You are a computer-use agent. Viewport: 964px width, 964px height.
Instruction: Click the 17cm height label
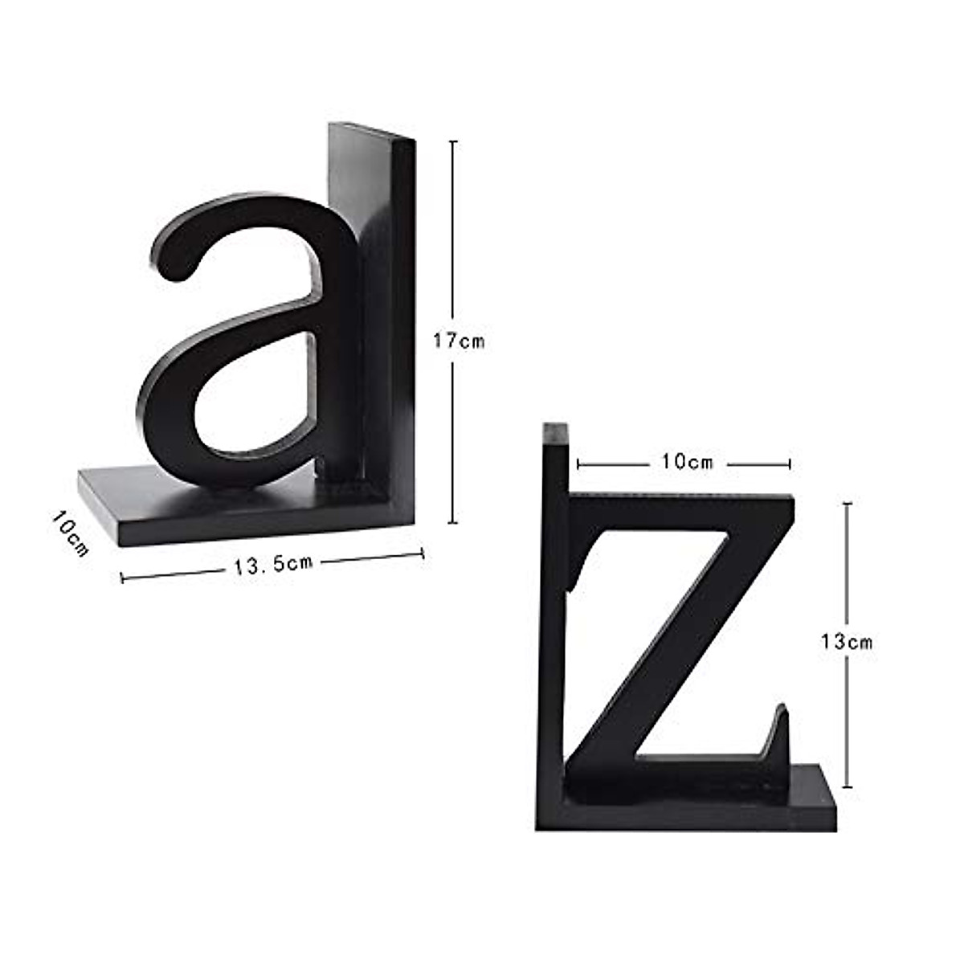point(459,341)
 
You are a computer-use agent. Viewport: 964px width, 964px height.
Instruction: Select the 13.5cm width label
point(273,564)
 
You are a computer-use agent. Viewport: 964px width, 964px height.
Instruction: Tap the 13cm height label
point(846,642)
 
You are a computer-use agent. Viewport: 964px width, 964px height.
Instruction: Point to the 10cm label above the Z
point(687,462)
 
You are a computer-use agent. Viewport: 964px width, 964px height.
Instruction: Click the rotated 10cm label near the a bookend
point(70,533)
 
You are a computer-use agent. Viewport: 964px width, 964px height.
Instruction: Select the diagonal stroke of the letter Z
point(683,635)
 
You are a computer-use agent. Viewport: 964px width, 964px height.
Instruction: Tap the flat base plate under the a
point(161,506)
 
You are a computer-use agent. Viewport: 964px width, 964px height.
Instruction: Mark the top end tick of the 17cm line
point(454,141)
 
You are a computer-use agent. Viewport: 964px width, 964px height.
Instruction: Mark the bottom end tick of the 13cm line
point(847,787)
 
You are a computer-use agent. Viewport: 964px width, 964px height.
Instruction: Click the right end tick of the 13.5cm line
point(423,553)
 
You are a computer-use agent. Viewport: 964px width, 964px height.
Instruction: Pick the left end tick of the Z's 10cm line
point(578,464)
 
